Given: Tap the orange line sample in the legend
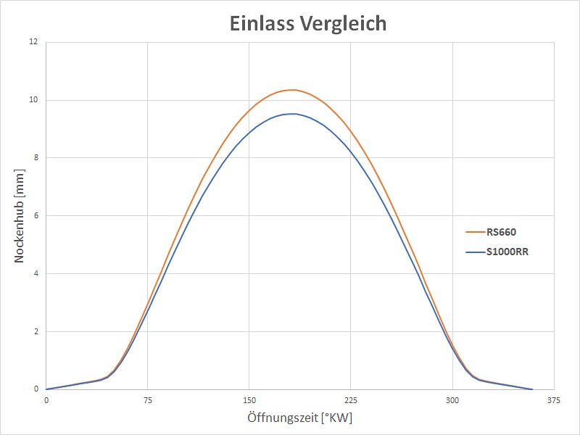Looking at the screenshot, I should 475,232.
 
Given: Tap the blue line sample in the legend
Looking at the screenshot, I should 475,252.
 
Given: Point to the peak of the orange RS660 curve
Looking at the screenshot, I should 292,90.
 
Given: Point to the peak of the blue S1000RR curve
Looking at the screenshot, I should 292,114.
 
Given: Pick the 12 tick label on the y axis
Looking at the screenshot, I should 33,42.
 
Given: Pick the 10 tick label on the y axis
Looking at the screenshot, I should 33,100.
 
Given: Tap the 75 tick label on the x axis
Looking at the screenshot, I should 147,400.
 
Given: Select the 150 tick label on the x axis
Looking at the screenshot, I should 249,400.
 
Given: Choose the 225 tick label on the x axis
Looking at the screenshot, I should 351,400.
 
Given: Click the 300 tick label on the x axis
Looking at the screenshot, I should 452,400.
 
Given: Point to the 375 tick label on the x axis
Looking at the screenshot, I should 554,400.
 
